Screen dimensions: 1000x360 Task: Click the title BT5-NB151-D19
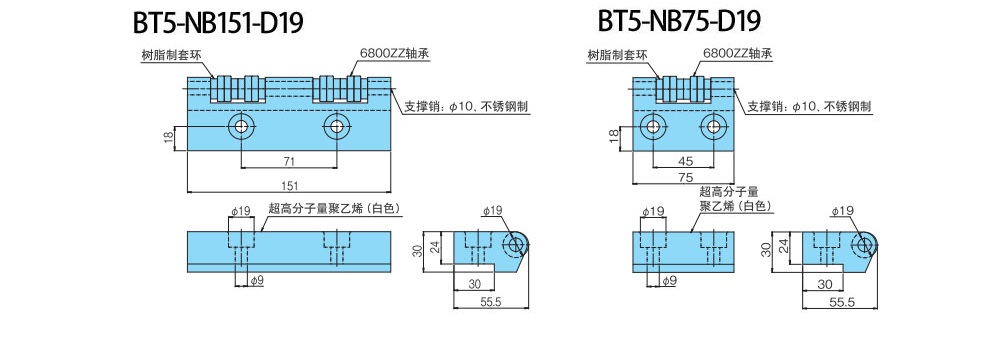tap(217, 23)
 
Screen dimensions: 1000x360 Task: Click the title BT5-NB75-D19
tap(680, 22)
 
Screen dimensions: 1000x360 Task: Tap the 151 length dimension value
tap(289, 186)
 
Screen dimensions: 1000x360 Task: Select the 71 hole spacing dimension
tap(289, 162)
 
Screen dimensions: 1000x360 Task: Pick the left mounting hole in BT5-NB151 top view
tap(241, 126)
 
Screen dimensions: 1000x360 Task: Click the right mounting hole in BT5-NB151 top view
tap(335, 126)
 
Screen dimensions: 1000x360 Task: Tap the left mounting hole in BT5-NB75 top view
tap(652, 126)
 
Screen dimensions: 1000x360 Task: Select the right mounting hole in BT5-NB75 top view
tap(712, 126)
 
